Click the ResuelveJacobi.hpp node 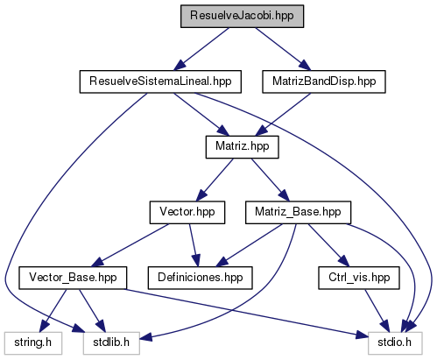[x=242, y=17]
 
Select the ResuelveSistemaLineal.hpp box [x=160, y=81]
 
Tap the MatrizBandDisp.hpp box [x=324, y=81]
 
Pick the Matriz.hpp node [x=242, y=147]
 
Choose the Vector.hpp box [x=187, y=213]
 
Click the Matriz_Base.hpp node [x=298, y=213]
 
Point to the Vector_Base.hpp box [x=73, y=278]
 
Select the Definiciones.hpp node [x=200, y=278]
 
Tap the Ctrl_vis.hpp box [x=359, y=278]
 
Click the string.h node [x=33, y=343]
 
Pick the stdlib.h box [x=111, y=343]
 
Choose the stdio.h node [x=395, y=343]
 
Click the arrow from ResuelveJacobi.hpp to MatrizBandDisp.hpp [x=283, y=49]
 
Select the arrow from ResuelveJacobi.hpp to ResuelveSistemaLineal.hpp [x=201, y=49]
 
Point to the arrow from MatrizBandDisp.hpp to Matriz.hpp [x=283, y=115]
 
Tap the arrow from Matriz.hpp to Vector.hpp [x=215, y=180]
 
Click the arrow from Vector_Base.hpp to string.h [x=53, y=311]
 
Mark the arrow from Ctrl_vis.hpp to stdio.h [x=377, y=311]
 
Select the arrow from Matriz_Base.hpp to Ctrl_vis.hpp [x=328, y=245]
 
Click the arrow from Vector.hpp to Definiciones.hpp [x=194, y=245]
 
